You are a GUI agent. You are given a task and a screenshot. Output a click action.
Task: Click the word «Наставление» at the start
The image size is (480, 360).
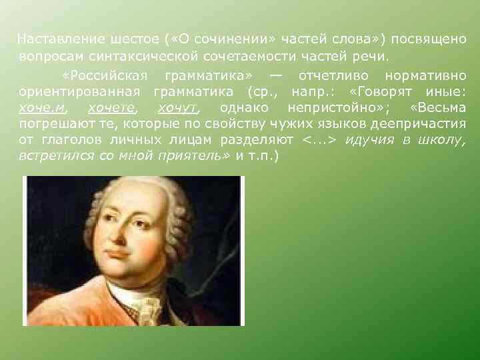pyautogui.click(x=54, y=39)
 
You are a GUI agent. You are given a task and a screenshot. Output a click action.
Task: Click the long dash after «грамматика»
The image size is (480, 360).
pyautogui.click(x=275, y=73)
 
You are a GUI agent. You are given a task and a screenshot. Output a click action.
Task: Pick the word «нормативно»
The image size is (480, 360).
pyautogui.click(x=425, y=73)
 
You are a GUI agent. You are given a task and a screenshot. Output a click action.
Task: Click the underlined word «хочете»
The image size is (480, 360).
pyautogui.click(x=111, y=107)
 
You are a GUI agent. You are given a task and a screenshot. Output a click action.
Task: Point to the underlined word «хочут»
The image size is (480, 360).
pyautogui.click(x=177, y=107)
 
